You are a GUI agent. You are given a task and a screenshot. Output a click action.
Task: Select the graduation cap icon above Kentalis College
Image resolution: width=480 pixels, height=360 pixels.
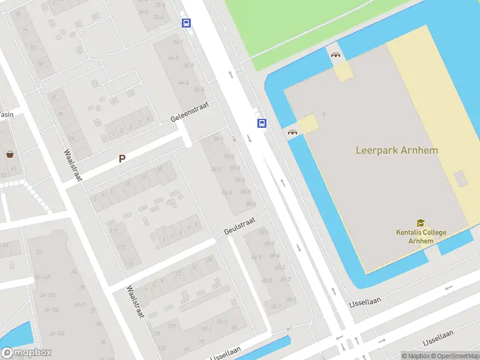420,223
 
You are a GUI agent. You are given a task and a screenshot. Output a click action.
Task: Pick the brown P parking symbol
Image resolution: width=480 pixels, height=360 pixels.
122,159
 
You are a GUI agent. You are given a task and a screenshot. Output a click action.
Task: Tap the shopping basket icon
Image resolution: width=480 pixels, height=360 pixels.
10,154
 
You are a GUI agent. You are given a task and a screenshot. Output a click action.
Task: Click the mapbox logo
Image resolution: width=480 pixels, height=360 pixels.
26,353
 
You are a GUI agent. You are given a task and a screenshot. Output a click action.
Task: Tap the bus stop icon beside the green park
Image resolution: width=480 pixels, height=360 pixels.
187,23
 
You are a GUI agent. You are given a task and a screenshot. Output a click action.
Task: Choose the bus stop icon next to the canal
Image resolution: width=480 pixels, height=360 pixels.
262,123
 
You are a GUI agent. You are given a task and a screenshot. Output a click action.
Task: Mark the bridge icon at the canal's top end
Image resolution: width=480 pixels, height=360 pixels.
335,55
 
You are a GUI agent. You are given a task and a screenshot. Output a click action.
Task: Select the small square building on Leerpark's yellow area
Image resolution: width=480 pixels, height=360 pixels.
460,179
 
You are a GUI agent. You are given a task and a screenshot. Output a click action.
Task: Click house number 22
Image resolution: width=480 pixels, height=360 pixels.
39,252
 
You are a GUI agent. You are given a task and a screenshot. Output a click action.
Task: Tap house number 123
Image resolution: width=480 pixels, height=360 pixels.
171,326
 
